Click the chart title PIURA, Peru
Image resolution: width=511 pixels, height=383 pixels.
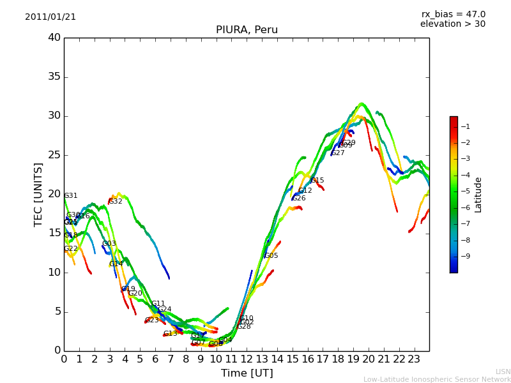click(247, 30)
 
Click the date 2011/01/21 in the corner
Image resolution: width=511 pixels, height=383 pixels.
click(50, 17)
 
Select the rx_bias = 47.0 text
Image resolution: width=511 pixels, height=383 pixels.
click(453, 15)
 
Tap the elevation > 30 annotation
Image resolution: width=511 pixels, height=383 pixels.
click(453, 24)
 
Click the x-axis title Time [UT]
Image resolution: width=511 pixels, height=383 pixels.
click(247, 373)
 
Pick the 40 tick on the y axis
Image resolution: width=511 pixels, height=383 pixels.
click(54, 38)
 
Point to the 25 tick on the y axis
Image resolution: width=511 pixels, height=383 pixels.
click(54, 155)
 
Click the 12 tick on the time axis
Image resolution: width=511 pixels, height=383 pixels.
click(247, 359)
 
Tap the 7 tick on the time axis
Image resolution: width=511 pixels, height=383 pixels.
click(171, 359)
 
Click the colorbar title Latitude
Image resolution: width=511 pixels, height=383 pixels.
click(478, 195)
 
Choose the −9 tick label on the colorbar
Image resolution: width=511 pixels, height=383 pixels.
click(464, 256)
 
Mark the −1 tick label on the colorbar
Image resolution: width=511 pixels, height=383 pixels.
click(464, 126)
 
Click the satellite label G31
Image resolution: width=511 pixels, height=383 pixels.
click(71, 196)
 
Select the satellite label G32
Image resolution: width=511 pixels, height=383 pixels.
click(116, 202)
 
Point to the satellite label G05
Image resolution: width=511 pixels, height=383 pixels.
click(271, 256)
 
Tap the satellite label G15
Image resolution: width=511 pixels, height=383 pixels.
click(317, 181)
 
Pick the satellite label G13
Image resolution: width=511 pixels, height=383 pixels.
click(171, 334)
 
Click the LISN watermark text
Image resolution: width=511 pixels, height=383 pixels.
click(503, 372)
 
